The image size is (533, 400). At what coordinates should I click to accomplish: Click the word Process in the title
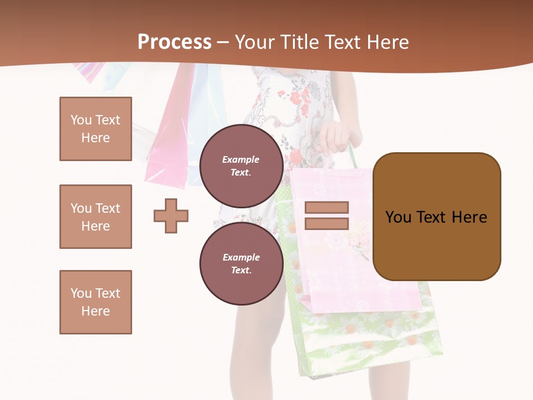pos(174,42)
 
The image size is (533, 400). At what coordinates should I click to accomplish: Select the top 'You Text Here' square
pos(95,129)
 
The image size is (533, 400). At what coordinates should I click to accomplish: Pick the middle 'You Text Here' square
pos(95,217)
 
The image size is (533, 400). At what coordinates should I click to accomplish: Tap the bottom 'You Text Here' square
pos(95,302)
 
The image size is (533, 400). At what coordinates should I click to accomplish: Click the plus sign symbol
pos(171,216)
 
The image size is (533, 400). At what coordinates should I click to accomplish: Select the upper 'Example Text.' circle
pos(241,166)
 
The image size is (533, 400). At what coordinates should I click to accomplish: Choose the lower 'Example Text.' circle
pos(241,263)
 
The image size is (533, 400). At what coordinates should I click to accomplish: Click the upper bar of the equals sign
pos(326,207)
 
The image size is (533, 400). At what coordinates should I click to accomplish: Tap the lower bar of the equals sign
pos(326,223)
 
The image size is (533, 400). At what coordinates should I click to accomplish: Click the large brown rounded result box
pos(436,217)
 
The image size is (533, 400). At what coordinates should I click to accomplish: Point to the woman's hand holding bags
pos(336,137)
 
